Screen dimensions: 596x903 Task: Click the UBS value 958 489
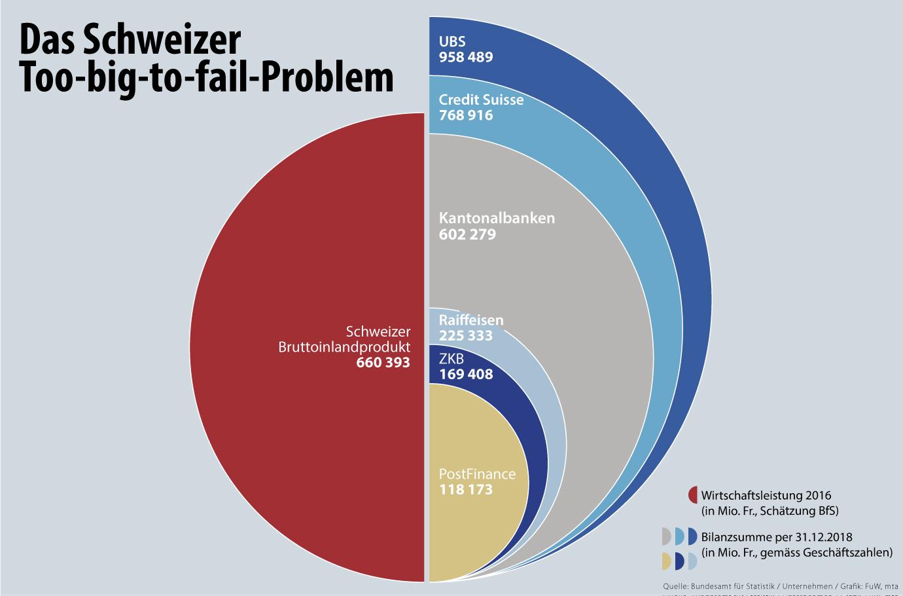pos(466,57)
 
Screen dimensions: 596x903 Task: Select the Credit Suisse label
pos(481,100)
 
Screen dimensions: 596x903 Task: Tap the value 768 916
pos(466,115)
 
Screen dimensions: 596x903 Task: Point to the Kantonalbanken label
pos(497,218)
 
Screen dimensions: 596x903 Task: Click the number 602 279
pos(467,234)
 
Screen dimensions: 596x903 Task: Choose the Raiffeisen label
pos(471,320)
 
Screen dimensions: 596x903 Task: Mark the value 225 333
pos(466,335)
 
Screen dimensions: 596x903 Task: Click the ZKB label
pos(451,359)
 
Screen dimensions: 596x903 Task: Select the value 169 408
pos(466,375)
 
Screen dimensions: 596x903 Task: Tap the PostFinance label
pos(477,474)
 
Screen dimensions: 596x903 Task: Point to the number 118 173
pos(466,489)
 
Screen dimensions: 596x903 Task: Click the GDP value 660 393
pos(383,362)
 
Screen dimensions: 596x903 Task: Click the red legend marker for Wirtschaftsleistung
pos(693,494)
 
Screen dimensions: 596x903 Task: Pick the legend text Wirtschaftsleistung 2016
pos(766,495)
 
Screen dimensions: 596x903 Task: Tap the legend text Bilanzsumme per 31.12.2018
pos(777,536)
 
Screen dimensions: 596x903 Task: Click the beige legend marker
pos(667,561)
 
